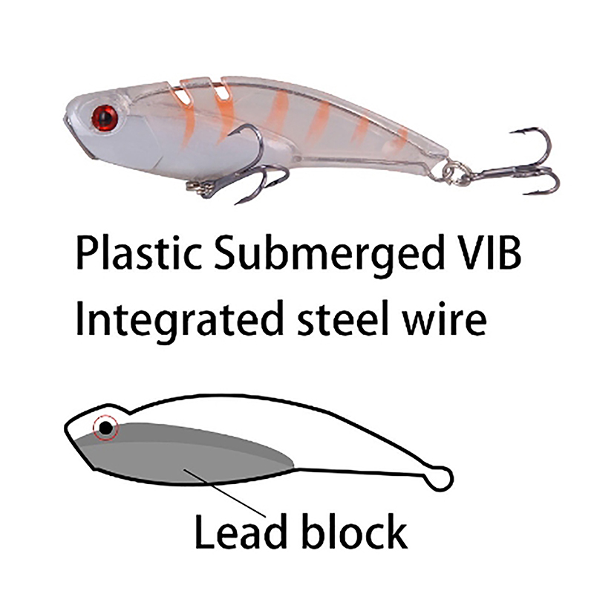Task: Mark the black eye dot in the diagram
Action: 106,427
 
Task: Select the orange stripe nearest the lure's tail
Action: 401,137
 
